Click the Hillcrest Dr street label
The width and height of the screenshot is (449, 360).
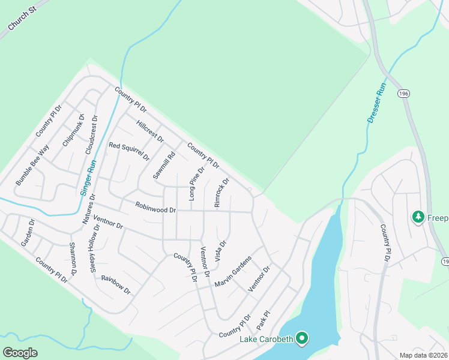click(150, 131)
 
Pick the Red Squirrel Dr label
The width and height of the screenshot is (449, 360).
click(128, 152)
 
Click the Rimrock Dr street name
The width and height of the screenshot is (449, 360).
click(221, 193)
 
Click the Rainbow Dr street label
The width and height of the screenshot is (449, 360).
click(116, 284)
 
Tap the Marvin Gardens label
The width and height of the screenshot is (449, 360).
click(232, 271)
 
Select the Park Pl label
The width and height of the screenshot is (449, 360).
click(264, 319)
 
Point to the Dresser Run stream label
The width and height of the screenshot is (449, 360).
click(375, 103)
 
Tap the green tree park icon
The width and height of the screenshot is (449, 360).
click(418, 217)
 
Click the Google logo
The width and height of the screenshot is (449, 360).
click(20, 352)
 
